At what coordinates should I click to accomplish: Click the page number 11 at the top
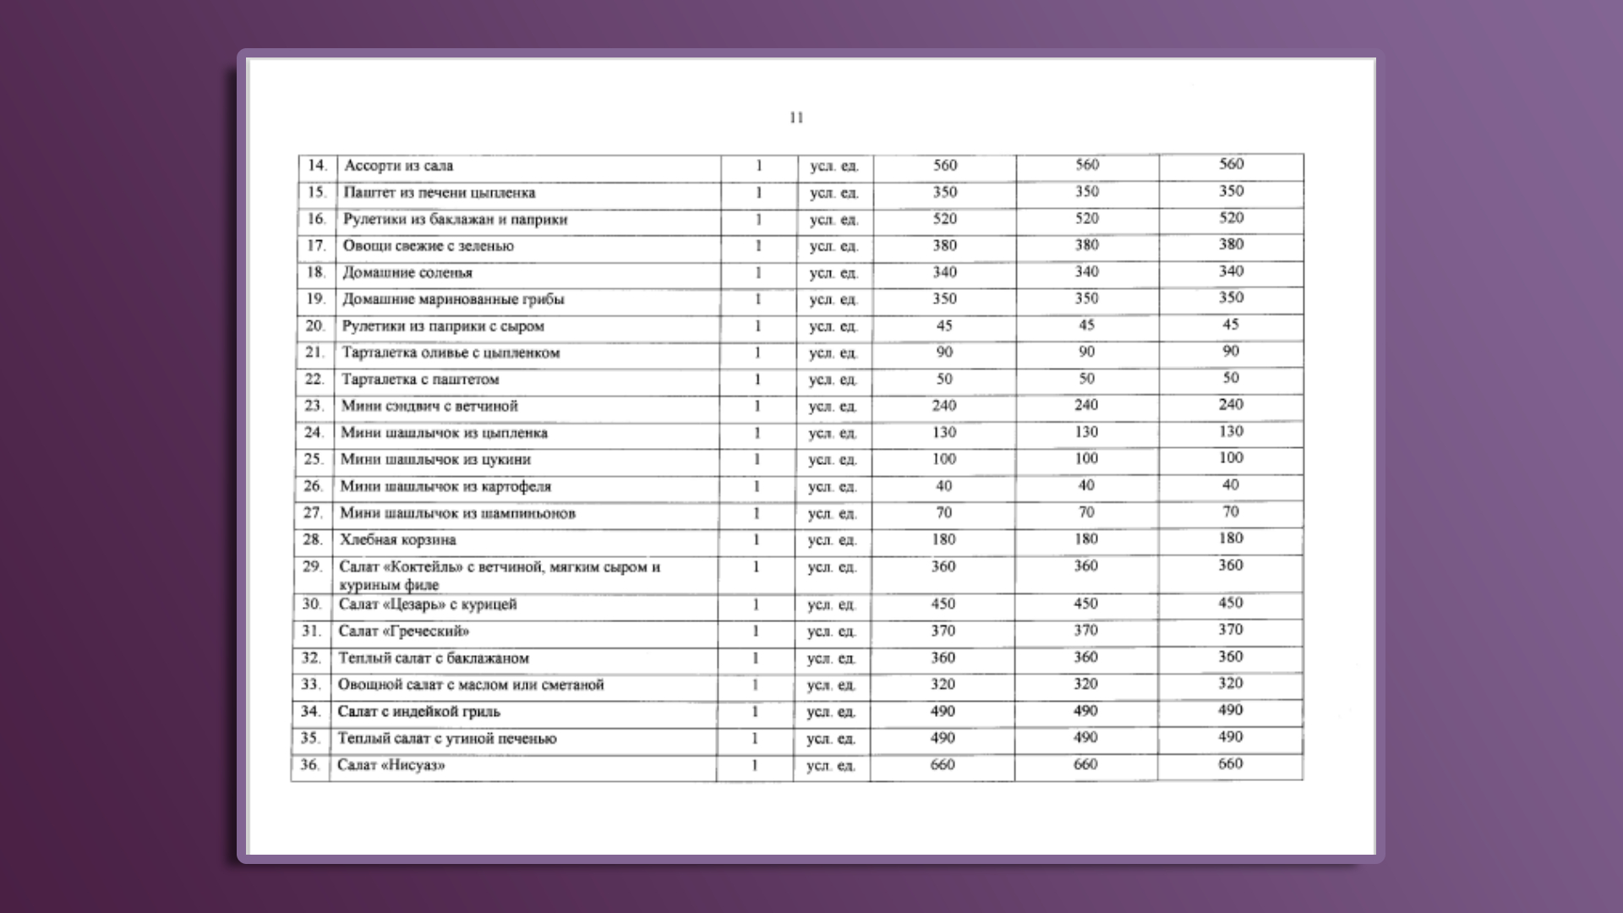[796, 118]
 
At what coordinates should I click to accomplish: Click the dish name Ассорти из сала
[398, 166]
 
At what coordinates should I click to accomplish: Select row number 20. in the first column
[314, 326]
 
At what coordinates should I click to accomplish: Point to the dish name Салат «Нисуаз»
[391, 765]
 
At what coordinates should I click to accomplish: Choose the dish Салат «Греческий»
[403, 631]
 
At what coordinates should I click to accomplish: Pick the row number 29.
[312, 566]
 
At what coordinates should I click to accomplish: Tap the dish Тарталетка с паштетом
[420, 380]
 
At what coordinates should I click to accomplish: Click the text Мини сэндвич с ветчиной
[429, 407]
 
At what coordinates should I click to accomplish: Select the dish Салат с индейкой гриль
[418, 712]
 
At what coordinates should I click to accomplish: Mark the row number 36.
[309, 765]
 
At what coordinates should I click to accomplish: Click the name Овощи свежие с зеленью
[428, 246]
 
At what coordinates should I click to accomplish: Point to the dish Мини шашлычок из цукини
[435, 460]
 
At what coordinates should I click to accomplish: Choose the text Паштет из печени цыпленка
[439, 193]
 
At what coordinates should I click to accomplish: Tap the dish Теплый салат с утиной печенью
[446, 739]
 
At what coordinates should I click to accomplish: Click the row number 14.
[317, 166]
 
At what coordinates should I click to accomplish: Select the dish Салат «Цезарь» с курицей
[427, 604]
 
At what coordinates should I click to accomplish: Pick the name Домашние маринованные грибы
[452, 299]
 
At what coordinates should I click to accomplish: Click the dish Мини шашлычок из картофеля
[445, 487]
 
